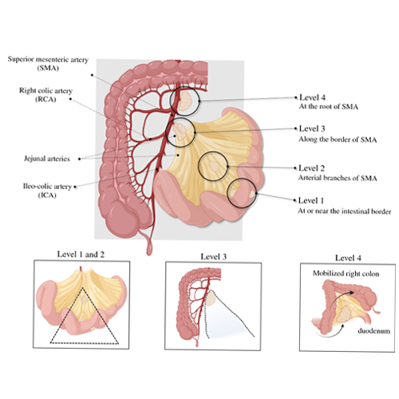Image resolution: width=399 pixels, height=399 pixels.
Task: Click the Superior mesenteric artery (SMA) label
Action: coord(48,64)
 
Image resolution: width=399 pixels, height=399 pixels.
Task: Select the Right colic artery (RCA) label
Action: coord(45,95)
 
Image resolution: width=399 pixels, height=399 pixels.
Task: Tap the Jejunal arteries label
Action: coord(47,159)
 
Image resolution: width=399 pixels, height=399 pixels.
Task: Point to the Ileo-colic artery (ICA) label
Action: coord(47,191)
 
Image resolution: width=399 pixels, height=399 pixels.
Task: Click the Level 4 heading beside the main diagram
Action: coord(312,97)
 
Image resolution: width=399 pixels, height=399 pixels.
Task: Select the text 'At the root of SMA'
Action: coord(329,107)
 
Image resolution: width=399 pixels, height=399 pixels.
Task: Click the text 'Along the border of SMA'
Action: coord(338,140)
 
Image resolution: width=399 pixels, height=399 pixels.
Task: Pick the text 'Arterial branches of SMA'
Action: coord(338,178)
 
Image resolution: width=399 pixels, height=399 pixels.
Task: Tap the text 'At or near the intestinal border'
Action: coord(345,211)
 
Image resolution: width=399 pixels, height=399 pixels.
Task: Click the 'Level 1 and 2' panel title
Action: coord(81,255)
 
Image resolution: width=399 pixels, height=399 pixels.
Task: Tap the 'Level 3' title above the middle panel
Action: coord(214,257)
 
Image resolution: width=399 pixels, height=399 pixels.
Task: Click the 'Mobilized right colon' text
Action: coord(346,274)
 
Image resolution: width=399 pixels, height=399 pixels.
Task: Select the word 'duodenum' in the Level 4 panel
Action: coord(374,331)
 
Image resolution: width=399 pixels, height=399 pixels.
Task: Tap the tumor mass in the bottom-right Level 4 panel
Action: coord(346,314)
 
